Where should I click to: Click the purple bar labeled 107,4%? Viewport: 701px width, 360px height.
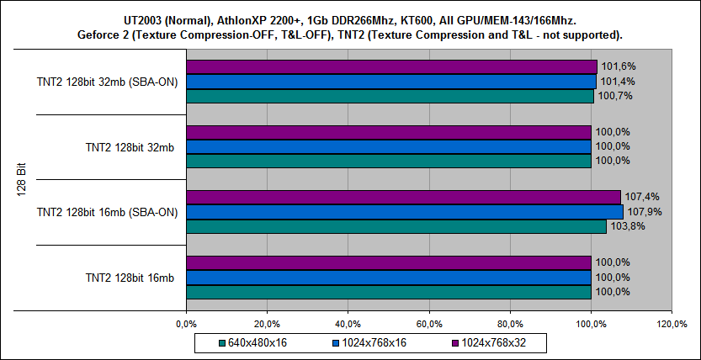[x=402, y=197]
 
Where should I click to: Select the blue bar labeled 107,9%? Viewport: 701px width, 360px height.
[x=404, y=211]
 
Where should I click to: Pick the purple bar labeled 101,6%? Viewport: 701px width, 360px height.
[x=391, y=66]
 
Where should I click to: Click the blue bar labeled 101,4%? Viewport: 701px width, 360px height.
[x=390, y=81]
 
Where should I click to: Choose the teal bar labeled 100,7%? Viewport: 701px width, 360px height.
[x=389, y=96]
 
